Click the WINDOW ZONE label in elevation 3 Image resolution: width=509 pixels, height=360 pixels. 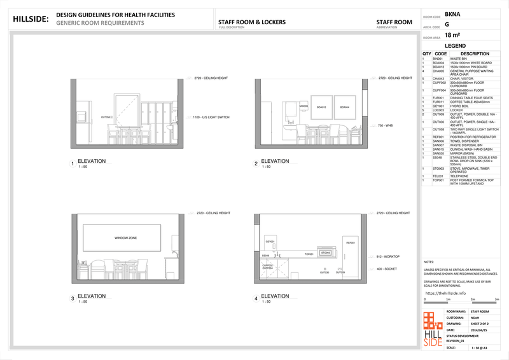126,238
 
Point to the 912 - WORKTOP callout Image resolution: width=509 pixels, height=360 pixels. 388,256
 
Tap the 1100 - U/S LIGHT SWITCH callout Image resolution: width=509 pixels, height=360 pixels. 206,118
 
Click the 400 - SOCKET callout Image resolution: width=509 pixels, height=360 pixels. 387,269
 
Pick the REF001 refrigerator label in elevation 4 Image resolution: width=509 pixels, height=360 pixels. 350,243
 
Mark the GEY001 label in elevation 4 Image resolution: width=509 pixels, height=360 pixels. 270,242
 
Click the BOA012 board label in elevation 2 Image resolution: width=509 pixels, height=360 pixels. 321,107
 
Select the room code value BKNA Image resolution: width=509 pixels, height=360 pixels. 453,13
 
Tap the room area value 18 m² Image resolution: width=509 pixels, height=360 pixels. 452,35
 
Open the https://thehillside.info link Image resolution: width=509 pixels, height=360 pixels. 449,293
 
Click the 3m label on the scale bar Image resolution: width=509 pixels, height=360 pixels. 495,298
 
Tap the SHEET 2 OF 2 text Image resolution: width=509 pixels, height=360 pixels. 481,324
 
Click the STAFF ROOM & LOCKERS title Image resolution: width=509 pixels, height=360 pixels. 251,22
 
